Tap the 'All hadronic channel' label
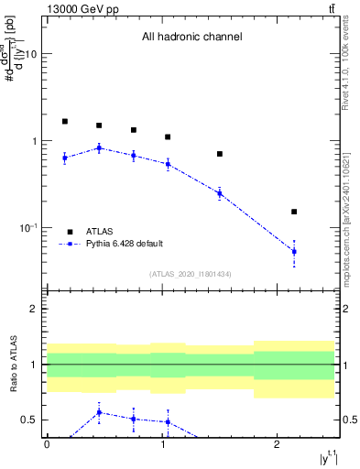pos(191,38)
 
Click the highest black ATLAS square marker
pos(65,121)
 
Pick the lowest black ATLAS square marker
pos(294,212)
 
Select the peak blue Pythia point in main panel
pos(99,147)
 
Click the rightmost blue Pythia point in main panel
pos(294,251)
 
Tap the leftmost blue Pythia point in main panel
pos(65,158)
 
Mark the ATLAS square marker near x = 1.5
pos(220,154)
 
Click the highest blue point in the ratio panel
pos(99,412)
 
